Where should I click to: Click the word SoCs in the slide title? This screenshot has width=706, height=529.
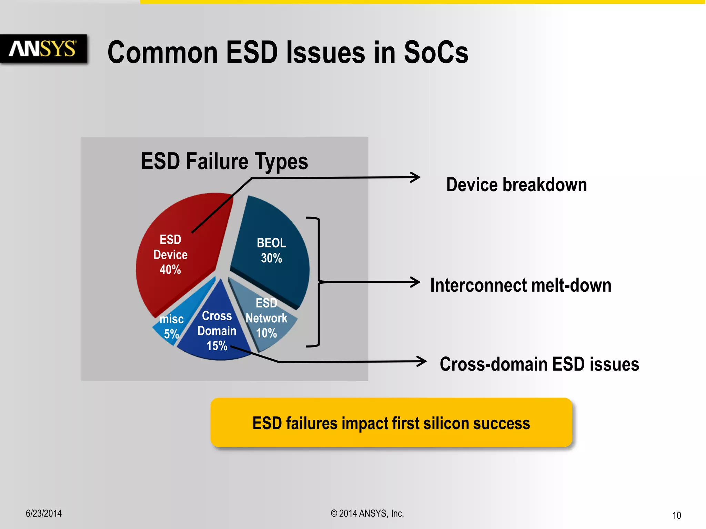coord(436,52)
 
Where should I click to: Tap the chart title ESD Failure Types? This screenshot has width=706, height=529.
coord(224,161)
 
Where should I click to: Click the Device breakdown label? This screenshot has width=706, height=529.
coord(516,185)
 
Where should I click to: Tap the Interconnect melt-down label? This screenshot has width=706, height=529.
coord(521,285)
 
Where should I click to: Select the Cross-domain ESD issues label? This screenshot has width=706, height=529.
coord(539,364)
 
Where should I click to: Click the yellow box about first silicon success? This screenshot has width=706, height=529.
coord(391,423)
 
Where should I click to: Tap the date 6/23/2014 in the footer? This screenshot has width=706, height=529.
coord(44,513)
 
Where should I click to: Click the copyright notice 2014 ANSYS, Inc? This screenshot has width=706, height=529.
coord(367,513)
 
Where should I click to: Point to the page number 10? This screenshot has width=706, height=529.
coord(676,515)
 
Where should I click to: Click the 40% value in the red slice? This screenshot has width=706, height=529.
coord(170,270)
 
